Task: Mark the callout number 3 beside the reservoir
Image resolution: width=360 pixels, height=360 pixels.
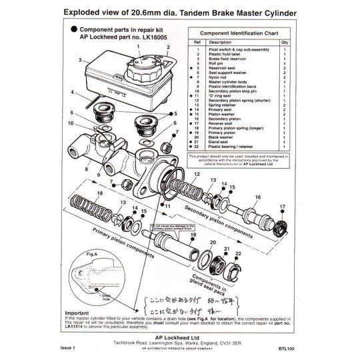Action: point(79,60)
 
